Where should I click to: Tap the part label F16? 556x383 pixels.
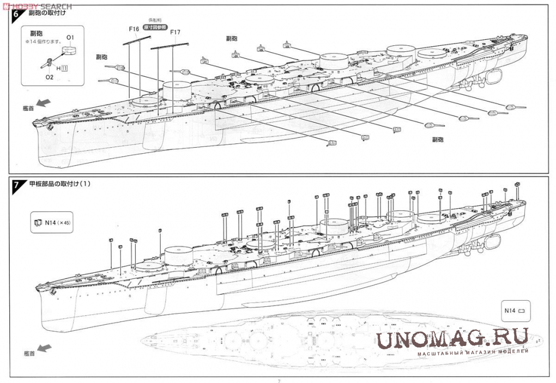coord(135,29)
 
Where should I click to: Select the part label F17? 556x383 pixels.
coord(175,32)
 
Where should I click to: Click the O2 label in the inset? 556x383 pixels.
coord(49,77)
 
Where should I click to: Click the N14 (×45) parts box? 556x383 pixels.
coord(52,223)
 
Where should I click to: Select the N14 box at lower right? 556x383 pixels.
coord(514,311)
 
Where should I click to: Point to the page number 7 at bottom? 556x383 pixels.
coord(279,380)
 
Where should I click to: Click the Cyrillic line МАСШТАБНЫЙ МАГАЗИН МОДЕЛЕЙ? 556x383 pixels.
coord(473,352)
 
